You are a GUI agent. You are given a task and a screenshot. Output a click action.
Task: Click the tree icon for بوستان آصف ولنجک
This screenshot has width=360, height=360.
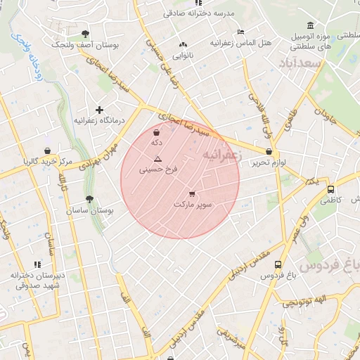point(86,33)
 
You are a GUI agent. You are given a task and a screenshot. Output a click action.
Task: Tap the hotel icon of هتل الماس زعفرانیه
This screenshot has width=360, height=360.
point(240,32)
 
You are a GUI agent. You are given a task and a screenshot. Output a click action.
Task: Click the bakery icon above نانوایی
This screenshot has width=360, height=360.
point(183,44)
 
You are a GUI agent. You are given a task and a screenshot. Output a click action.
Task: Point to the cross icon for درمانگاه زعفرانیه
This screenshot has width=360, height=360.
point(100,110)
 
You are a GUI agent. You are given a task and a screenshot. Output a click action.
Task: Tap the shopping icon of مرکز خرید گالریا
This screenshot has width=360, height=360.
point(47,150)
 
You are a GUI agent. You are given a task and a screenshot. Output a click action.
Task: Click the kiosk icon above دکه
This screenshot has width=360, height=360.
point(156,131)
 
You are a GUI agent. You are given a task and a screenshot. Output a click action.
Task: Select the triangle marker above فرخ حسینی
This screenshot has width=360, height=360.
point(157,159)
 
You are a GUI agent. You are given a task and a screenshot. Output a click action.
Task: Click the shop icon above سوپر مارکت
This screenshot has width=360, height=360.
point(193,193)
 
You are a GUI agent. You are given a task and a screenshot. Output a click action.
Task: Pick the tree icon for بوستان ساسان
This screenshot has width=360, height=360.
point(89,200)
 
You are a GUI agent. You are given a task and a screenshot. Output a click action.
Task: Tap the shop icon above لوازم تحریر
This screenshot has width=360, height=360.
point(269,151)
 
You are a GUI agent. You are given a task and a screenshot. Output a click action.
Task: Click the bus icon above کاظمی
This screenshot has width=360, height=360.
point(330,189)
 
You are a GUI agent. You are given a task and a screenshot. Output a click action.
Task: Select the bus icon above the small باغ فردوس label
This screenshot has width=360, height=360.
point(278,265)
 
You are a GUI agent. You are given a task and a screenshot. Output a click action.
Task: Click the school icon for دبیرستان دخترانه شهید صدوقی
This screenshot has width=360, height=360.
point(37,264)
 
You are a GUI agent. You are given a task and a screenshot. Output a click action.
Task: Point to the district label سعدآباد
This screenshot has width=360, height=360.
point(305,64)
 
